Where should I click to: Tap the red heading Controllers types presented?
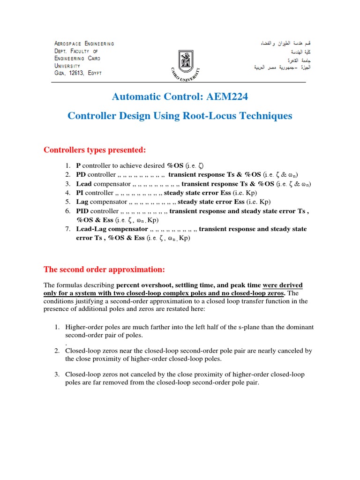(95, 150)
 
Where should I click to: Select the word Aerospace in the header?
(68, 44)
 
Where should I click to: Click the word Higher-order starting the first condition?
(84, 327)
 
